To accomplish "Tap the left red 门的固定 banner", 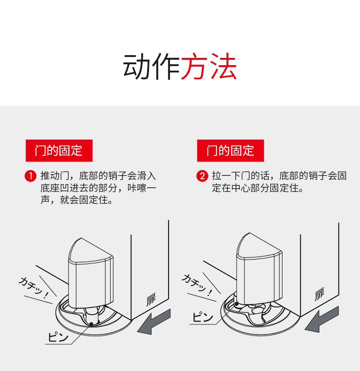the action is pos(59,150).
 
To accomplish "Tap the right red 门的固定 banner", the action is pos(230,150).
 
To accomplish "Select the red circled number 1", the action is pos(30,176).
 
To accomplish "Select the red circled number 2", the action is pos(202,176).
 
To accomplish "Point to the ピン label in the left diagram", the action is pos(59,338).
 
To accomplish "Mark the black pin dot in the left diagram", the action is pos(92,324).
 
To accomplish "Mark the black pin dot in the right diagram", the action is pos(236,304).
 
